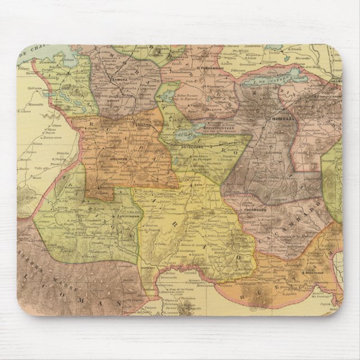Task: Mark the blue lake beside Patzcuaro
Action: (185, 133)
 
